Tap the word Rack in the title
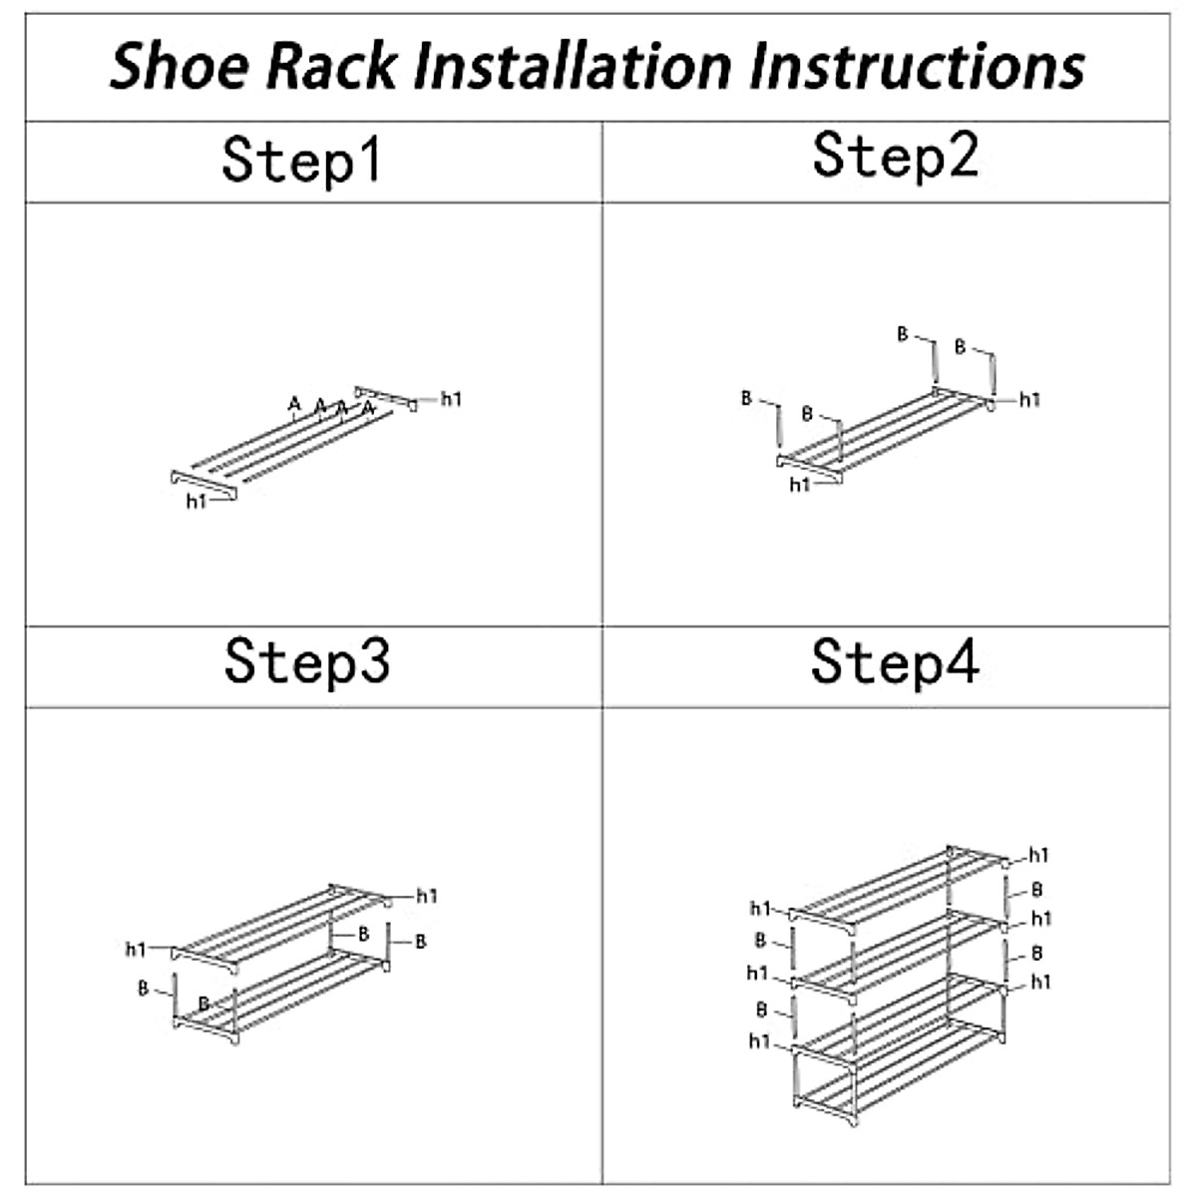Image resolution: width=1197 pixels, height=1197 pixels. [333, 67]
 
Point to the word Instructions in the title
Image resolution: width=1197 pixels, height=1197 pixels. [916, 67]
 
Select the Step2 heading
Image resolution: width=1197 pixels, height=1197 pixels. [895, 156]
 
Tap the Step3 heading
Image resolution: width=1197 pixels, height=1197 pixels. [306, 660]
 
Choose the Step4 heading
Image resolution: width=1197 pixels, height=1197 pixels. [895, 660]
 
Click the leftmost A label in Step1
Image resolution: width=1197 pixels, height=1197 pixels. [293, 404]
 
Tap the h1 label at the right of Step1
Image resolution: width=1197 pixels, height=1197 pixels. [451, 399]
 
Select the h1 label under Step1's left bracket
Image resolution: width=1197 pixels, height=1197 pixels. [196, 502]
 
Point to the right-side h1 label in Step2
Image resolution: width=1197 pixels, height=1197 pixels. [1029, 400]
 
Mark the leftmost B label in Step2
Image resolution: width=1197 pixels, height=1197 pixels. [746, 398]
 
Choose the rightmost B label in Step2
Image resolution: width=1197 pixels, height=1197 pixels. [960, 347]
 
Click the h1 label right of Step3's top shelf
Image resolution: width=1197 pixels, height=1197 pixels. [427, 896]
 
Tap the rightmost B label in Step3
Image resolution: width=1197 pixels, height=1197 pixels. [420, 941]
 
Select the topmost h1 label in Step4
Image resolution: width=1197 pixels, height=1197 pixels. [1038, 855]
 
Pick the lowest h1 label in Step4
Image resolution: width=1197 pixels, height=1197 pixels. [759, 1041]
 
